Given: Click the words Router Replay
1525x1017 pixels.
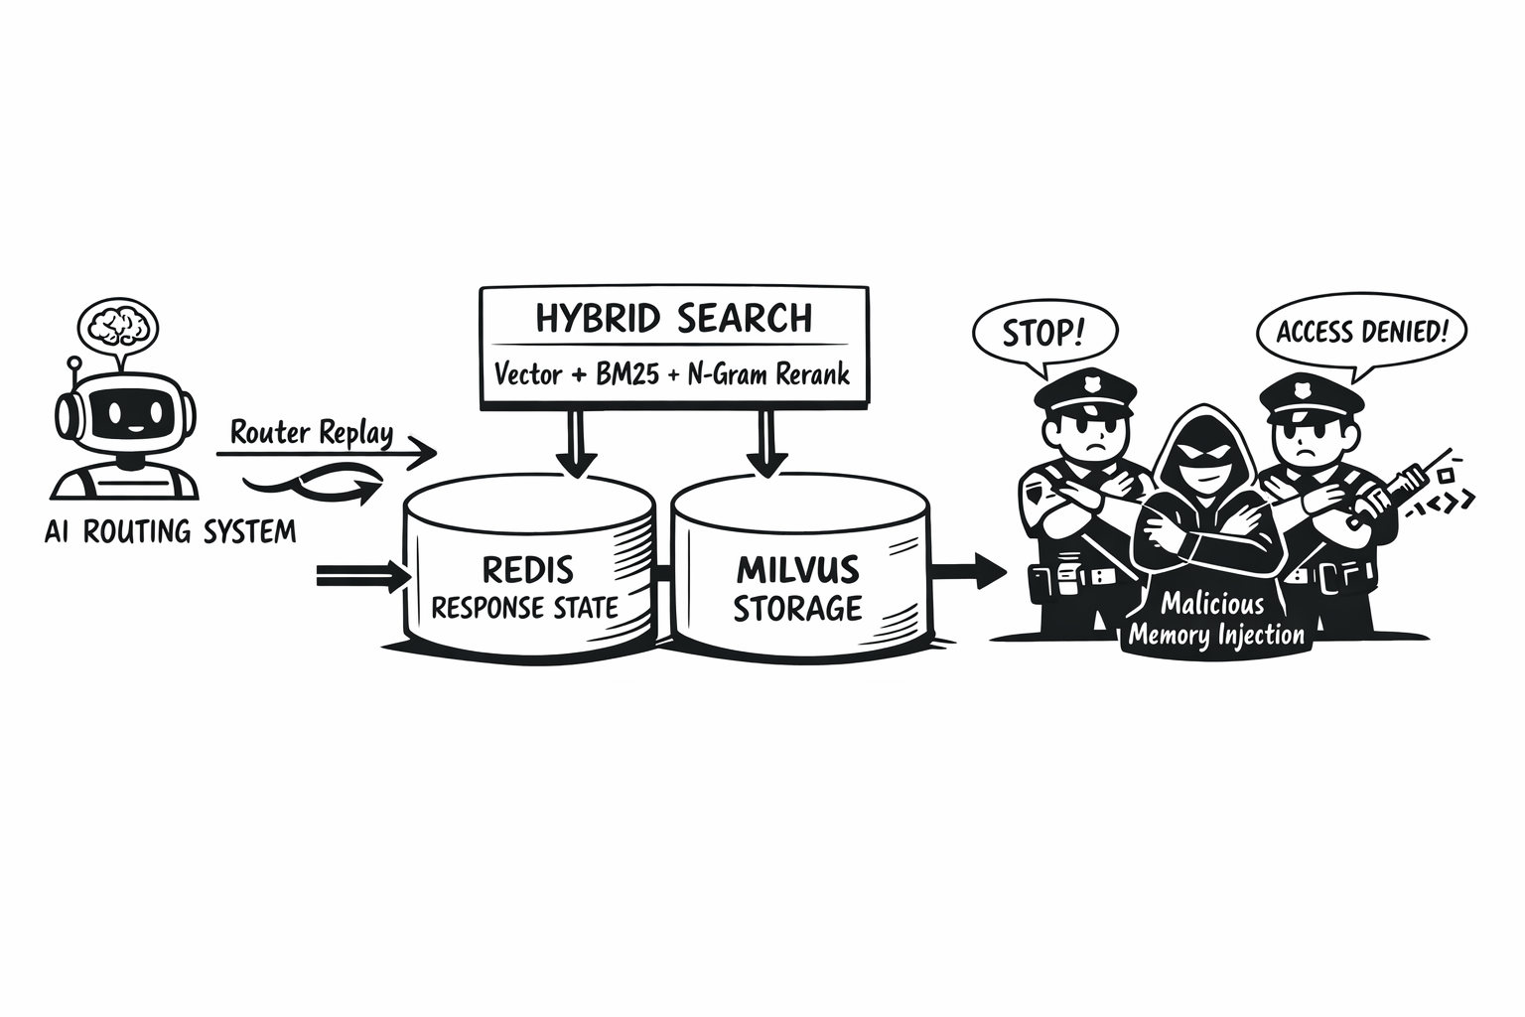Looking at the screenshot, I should pyautogui.click(x=311, y=433).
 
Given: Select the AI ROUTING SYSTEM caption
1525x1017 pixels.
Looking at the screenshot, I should pyautogui.click(x=170, y=531).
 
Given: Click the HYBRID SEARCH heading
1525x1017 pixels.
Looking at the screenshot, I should pyautogui.click(x=673, y=319).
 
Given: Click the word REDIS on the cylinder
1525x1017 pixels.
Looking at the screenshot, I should pyautogui.click(x=527, y=570).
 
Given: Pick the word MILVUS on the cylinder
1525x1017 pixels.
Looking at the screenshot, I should pyautogui.click(x=797, y=570).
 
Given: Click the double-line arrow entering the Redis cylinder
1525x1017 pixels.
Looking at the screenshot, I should pyautogui.click(x=363, y=574).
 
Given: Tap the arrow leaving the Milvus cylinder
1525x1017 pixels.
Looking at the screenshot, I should pyautogui.click(x=969, y=570).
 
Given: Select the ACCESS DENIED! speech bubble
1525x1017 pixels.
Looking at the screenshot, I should pyautogui.click(x=1361, y=332).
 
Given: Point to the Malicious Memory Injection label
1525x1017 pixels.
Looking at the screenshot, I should pyautogui.click(x=1215, y=619).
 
